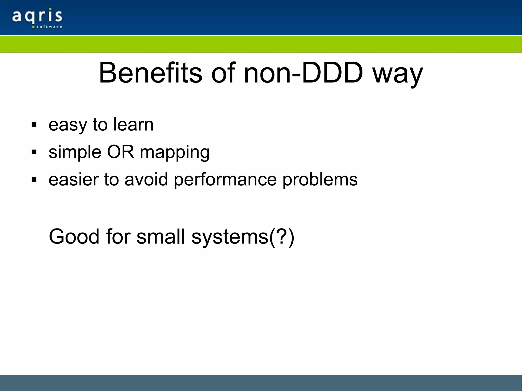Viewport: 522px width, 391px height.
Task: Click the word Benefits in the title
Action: (x=150, y=73)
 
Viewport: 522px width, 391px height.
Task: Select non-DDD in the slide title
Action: (x=303, y=73)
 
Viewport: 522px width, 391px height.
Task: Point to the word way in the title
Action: (x=398, y=75)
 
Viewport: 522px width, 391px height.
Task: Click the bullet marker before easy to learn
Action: (x=34, y=125)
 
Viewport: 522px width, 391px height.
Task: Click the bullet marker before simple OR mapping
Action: (x=34, y=152)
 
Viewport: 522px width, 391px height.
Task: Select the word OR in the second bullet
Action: (x=120, y=152)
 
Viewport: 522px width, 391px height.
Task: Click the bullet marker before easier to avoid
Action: (x=34, y=180)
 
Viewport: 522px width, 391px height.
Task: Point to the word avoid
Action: (x=146, y=179)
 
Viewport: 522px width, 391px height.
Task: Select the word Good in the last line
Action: (x=74, y=237)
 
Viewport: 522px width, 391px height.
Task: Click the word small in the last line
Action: (x=161, y=237)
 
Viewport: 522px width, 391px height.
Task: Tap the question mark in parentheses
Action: (x=282, y=237)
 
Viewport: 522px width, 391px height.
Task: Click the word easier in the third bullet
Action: (x=74, y=179)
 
